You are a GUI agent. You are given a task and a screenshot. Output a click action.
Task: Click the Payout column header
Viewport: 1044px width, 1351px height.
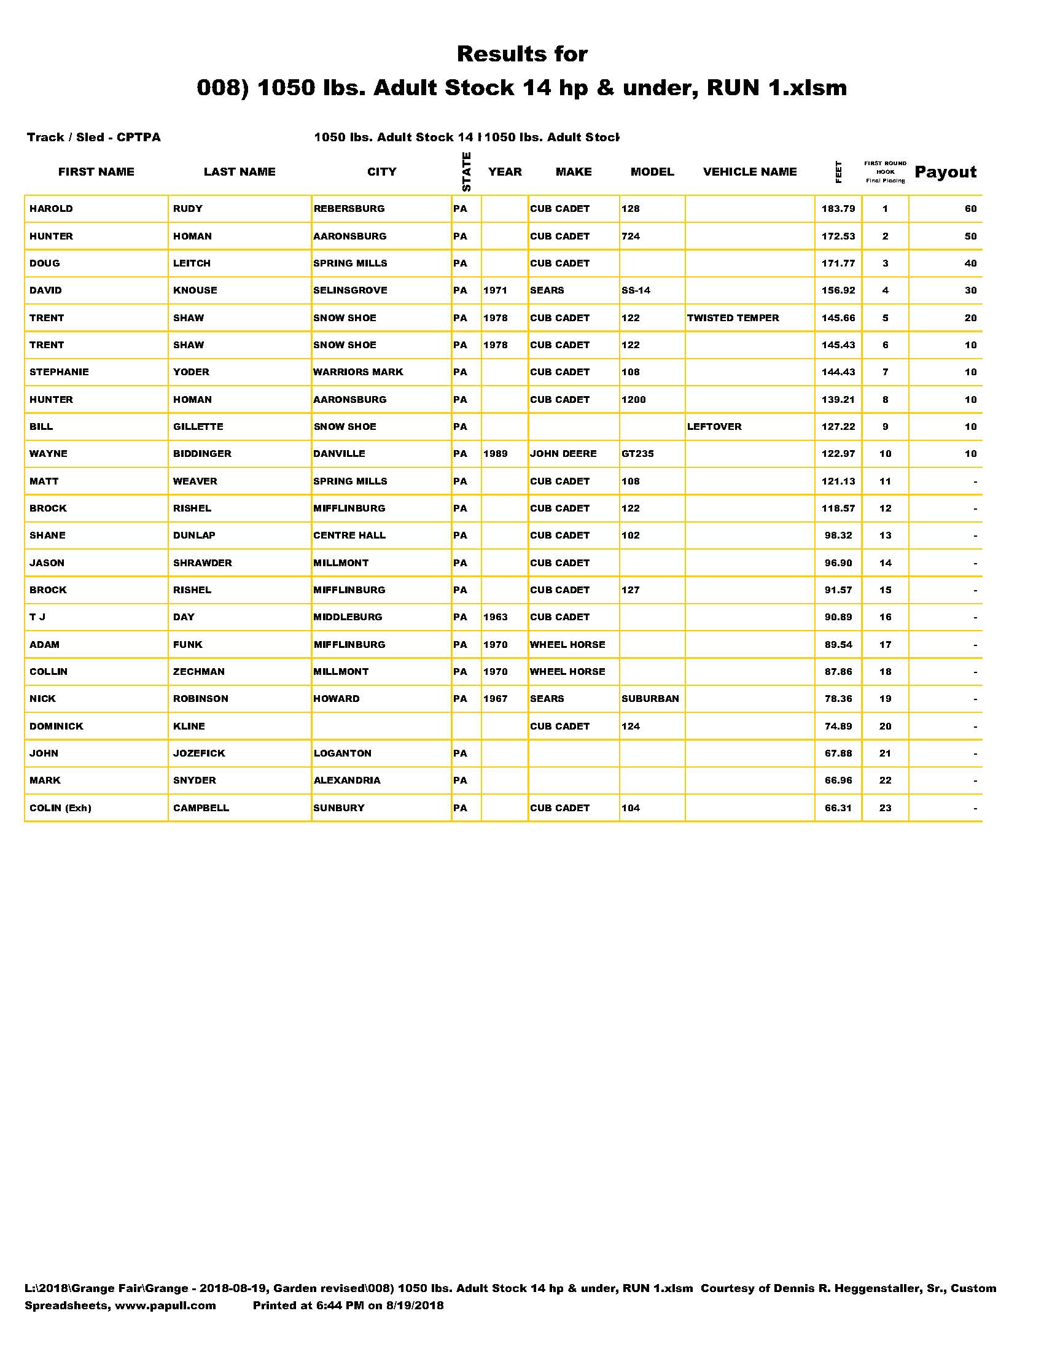point(945,172)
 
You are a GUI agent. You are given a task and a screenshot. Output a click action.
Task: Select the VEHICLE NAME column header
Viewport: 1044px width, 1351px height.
point(750,172)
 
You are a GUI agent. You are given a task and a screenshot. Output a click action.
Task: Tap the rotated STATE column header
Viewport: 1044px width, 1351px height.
point(466,172)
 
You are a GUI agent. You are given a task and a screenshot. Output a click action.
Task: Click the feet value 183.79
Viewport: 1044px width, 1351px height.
point(838,209)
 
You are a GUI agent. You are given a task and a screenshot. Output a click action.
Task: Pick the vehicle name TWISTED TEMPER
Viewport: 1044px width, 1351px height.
point(733,318)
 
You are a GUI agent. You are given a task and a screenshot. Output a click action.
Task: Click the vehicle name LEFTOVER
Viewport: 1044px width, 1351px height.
point(714,427)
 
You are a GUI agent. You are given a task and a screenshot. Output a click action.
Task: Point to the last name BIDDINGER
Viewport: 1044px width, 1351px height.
point(202,454)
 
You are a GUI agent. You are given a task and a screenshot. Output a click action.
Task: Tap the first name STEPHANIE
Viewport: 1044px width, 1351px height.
point(60,372)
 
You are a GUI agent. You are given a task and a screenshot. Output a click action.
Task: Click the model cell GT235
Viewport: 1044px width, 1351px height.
point(637,454)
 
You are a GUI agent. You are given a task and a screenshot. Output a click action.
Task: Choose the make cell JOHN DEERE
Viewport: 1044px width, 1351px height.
point(563,454)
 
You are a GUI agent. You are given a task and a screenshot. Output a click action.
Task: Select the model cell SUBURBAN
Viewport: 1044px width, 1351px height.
point(650,699)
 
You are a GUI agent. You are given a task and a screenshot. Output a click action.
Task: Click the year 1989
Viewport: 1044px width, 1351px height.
point(496,454)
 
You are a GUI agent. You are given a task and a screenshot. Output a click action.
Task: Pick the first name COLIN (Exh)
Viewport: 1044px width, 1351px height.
point(61,808)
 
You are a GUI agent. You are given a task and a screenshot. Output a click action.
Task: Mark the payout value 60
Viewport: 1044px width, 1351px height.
point(970,209)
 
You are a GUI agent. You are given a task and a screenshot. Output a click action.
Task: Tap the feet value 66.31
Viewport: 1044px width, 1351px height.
point(838,808)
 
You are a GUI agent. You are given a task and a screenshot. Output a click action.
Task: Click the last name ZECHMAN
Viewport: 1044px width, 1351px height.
point(199,672)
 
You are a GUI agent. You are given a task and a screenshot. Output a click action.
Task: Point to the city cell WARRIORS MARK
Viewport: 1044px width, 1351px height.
point(358,372)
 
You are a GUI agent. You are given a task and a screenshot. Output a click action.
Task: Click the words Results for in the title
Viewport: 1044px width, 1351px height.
point(522,55)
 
